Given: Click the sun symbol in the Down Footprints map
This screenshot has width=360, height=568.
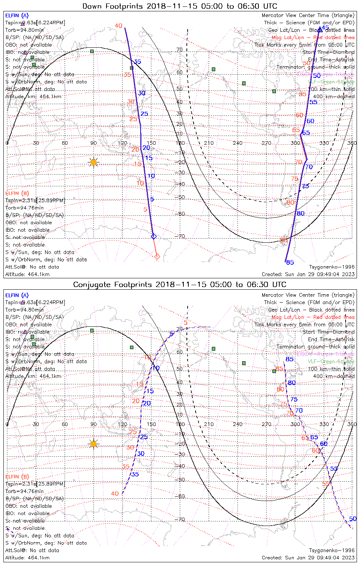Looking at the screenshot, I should click(x=94, y=162).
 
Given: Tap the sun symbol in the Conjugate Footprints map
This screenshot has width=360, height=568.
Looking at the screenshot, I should click(x=94, y=444).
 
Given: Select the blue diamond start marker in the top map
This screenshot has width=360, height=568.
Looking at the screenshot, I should click(x=153, y=236).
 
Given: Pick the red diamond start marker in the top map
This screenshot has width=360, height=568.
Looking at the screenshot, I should click(x=157, y=257).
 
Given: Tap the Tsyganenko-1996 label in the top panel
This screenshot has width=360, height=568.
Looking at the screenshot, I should click(x=332, y=267).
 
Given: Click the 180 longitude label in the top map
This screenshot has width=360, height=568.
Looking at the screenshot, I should click(x=180, y=143).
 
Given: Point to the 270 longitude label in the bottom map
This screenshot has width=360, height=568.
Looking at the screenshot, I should click(x=266, y=424).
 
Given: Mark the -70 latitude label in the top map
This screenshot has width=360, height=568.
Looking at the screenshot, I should click(x=180, y=236).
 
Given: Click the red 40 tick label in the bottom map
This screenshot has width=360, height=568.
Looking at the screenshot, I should click(x=115, y=493).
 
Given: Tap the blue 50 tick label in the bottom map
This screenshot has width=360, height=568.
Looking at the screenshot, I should click(x=353, y=519).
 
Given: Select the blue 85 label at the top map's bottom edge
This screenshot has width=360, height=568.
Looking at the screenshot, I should click(x=290, y=262).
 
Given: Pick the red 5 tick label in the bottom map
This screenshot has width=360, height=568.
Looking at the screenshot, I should click(x=185, y=323).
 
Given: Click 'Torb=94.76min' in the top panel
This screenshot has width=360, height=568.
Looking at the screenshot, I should click(x=24, y=208).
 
